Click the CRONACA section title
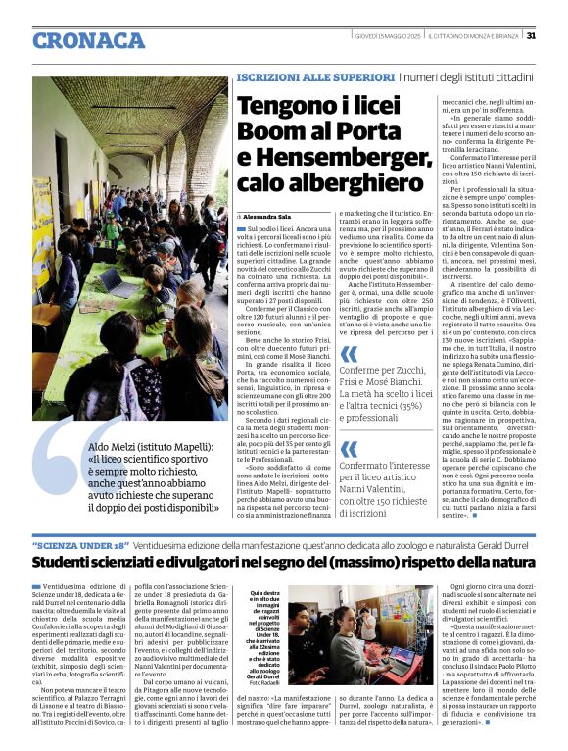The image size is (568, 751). coord(89,40)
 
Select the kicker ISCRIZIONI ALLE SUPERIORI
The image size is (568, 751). coord(302,76)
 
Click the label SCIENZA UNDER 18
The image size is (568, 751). coord(80,544)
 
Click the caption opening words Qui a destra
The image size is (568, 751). coord(266,593)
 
